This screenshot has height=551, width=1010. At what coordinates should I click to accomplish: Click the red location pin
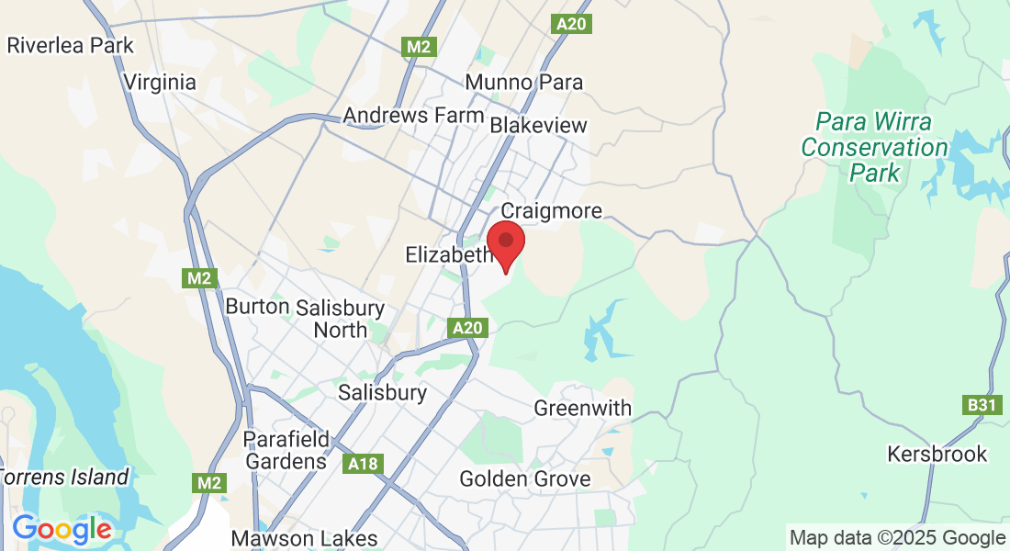[505, 242]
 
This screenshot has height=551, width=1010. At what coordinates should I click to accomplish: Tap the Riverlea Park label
[70, 45]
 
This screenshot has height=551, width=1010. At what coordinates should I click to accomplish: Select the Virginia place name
[160, 82]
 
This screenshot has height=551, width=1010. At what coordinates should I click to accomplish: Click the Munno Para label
[523, 82]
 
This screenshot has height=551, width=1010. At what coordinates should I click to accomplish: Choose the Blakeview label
[538, 125]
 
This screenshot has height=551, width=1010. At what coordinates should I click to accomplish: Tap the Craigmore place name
[551, 211]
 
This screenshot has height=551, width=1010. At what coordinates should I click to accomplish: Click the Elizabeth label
[449, 254]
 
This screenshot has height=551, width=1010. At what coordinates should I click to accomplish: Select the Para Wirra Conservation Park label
[861, 147]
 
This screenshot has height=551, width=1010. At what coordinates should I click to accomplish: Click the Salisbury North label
[341, 319]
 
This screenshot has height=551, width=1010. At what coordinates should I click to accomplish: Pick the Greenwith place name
[582, 408]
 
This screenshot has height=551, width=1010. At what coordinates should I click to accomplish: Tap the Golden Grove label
[524, 478]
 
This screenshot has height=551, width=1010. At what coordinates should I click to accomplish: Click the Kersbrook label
[937, 454]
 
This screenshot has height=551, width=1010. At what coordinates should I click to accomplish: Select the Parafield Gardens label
[285, 450]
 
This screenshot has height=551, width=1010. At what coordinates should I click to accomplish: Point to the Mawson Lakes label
[304, 538]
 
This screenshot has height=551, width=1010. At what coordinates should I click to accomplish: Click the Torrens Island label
[64, 478]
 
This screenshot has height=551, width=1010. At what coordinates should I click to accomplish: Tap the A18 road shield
[365, 464]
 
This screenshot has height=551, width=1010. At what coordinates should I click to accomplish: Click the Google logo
[62, 530]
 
